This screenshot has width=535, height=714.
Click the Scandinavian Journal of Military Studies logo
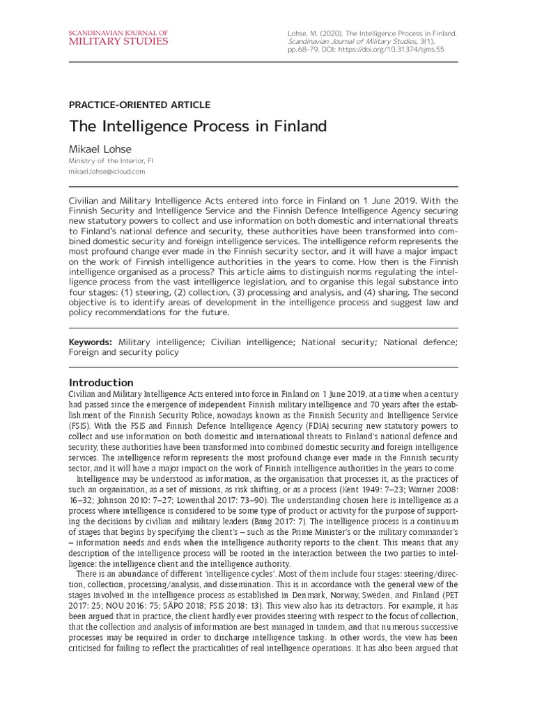click(x=118, y=38)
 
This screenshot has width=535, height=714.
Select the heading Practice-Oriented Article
click(x=139, y=105)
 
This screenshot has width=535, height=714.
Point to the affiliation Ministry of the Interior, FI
click(x=111, y=160)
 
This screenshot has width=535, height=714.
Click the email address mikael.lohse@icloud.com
click(x=107, y=171)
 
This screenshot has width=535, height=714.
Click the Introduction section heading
click(x=100, y=382)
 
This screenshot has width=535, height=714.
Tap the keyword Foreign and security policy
click(x=123, y=353)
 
